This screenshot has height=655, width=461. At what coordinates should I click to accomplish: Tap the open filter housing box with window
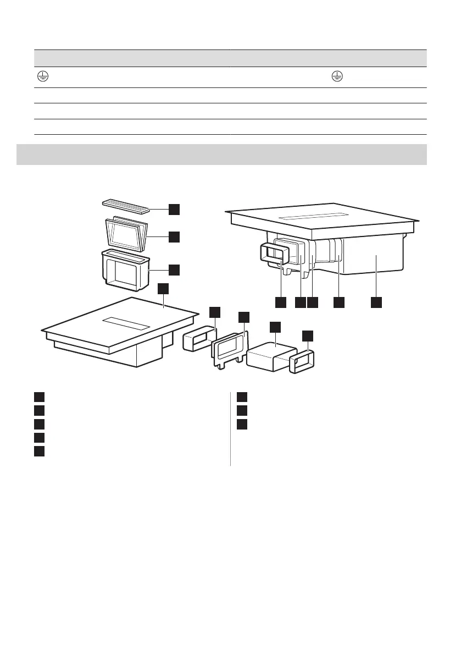(126, 271)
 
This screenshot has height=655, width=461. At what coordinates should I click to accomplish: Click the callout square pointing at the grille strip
(174, 208)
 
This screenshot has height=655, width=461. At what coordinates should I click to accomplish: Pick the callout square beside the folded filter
(174, 236)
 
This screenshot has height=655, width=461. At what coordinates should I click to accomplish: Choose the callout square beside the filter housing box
(174, 269)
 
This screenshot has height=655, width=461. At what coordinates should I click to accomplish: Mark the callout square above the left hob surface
(163, 289)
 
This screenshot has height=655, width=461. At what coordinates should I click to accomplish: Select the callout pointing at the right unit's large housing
(376, 302)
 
